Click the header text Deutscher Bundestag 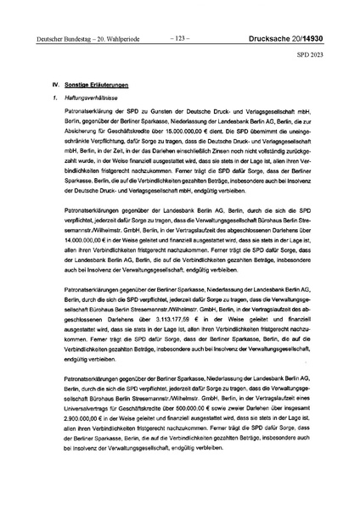click(x=56, y=38)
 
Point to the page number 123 click(x=179, y=37)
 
